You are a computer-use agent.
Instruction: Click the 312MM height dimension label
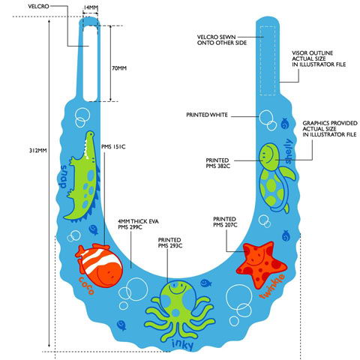38,151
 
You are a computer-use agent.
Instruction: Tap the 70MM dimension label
119,68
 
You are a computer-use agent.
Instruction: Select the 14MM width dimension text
90,7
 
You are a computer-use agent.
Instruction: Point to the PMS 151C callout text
113,147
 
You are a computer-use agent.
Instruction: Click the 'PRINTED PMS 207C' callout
225,222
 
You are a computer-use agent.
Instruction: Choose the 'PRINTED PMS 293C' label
170,243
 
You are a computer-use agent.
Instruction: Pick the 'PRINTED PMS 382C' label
217,163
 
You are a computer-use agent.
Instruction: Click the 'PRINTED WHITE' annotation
207,115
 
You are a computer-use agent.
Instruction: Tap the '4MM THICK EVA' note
138,221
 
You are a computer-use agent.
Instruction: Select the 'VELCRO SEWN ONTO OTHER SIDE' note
222,40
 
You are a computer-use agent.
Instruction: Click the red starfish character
262,265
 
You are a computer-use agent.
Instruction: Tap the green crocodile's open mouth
88,148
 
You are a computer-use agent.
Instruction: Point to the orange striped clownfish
99,265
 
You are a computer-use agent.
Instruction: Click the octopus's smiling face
178,288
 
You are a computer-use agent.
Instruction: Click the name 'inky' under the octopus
182,345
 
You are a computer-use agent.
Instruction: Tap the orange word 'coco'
86,286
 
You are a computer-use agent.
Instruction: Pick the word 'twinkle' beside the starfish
272,286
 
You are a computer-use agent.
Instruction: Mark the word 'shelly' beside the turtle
288,151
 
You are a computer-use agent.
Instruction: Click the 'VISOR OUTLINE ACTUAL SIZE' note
319,58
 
